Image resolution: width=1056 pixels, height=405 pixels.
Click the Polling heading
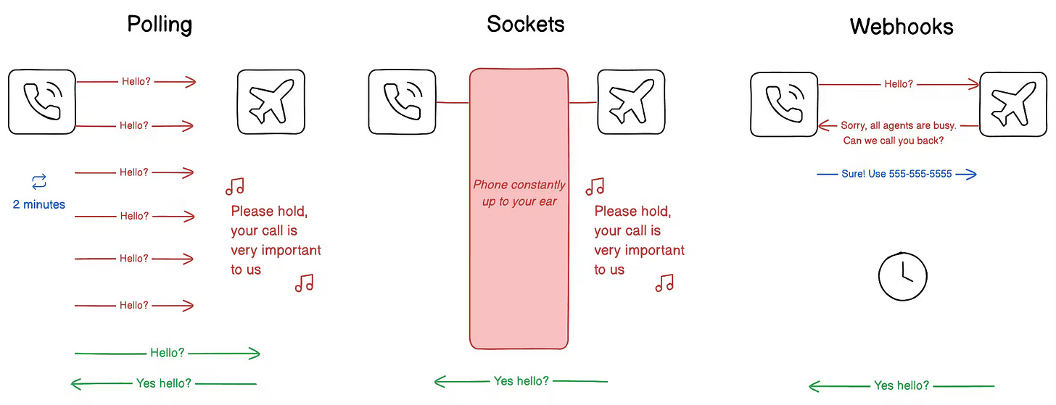[x=160, y=25]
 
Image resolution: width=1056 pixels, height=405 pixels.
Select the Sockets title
[x=526, y=24]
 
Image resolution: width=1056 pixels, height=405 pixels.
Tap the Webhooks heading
[x=902, y=27]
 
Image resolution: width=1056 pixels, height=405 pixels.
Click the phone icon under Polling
[x=42, y=102]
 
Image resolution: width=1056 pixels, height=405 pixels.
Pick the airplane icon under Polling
[x=271, y=102]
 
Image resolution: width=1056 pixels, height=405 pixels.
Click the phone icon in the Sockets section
[x=402, y=102]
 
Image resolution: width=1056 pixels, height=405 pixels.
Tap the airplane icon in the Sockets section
[x=631, y=102]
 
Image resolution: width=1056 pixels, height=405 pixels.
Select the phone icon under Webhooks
[x=784, y=104]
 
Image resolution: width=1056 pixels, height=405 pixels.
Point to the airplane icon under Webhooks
[x=1013, y=104]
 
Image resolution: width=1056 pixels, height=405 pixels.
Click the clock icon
[x=903, y=276]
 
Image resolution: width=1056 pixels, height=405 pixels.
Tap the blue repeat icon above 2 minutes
[x=39, y=181]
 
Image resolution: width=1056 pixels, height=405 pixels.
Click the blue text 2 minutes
[x=39, y=205]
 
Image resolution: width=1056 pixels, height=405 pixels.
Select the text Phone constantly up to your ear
[x=519, y=193]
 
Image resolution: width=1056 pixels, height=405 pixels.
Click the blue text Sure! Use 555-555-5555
[x=896, y=175]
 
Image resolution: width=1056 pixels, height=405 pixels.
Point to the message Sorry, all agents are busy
[x=893, y=126]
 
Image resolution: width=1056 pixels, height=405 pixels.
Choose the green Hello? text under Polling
[x=168, y=354]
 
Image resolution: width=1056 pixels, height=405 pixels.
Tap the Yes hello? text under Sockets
[x=521, y=381]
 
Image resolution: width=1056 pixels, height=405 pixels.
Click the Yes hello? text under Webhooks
[x=902, y=386]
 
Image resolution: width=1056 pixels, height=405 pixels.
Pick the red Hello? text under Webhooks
[x=899, y=85]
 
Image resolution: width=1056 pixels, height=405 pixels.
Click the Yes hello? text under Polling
[x=164, y=383]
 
